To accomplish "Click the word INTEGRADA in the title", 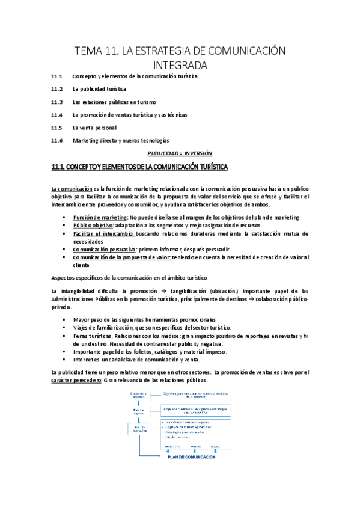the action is click(180, 64).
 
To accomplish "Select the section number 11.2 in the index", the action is click(57, 89).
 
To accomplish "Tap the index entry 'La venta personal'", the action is click(94, 127).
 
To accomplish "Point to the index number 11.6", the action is click(57, 140).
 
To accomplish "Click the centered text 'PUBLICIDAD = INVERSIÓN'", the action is click(180, 153).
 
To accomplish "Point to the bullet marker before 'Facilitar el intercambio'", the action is click(64, 233).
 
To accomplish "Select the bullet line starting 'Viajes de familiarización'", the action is click(152, 327).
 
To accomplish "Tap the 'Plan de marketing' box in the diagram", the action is click(138, 430).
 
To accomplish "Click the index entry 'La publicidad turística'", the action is click(99, 89).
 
